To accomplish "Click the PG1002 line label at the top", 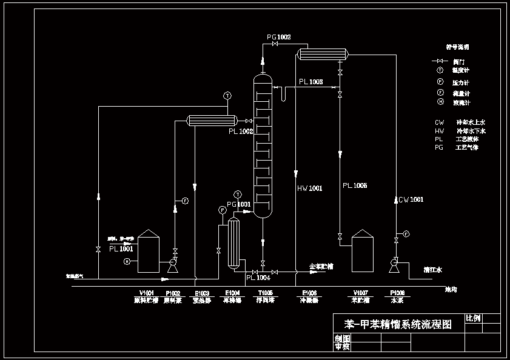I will click(x=279, y=38).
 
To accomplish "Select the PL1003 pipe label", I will click(x=310, y=82).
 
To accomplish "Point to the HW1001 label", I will click(x=310, y=188).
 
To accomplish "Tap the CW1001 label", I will click(x=411, y=199).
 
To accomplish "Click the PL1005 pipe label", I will click(x=354, y=185).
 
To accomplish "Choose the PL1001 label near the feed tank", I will click(x=121, y=248).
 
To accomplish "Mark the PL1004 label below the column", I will click(x=258, y=278).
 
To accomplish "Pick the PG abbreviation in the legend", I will click(x=439, y=147).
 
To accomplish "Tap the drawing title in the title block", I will click(x=398, y=325).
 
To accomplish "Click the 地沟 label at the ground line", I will click(x=451, y=289).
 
